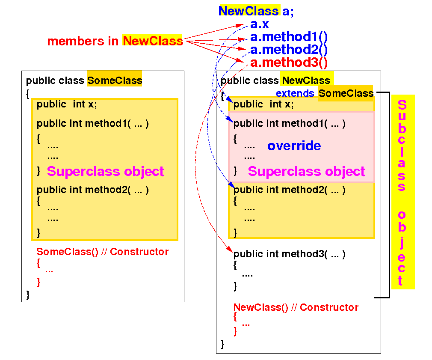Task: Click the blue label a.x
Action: [259, 24]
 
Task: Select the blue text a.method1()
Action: [289, 37]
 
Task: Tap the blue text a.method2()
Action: [289, 50]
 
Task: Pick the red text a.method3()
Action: [289, 62]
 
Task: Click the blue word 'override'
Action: [294, 146]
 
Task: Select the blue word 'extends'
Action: [295, 93]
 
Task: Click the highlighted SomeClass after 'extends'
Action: [346, 93]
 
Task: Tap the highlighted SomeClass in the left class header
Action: [114, 80]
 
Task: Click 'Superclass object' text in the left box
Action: [105, 171]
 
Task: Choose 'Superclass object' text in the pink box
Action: [306, 171]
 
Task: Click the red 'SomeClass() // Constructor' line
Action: [102, 252]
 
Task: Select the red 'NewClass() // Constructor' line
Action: [296, 307]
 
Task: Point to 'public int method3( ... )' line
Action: [289, 254]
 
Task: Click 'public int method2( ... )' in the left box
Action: [92, 190]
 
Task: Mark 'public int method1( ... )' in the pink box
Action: [289, 124]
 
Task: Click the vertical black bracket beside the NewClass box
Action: [389, 195]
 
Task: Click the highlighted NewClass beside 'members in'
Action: [152, 41]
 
